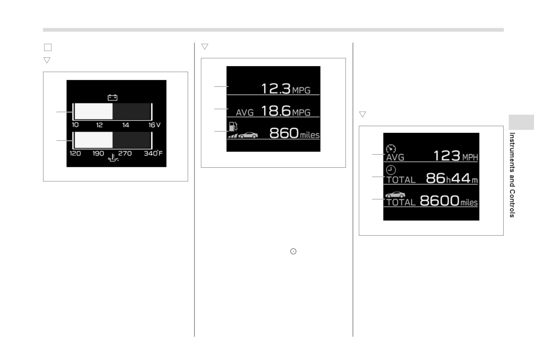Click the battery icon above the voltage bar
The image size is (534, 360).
point(113,97)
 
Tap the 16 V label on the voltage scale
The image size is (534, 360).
point(154,125)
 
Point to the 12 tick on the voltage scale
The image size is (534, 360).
point(100,125)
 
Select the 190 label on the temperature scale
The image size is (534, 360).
point(98,153)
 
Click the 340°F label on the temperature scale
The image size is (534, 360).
point(153,153)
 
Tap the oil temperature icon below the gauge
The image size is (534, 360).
point(113,158)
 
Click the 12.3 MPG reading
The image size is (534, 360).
point(286,89)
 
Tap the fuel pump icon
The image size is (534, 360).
point(233,126)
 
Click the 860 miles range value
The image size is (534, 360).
point(294,133)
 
